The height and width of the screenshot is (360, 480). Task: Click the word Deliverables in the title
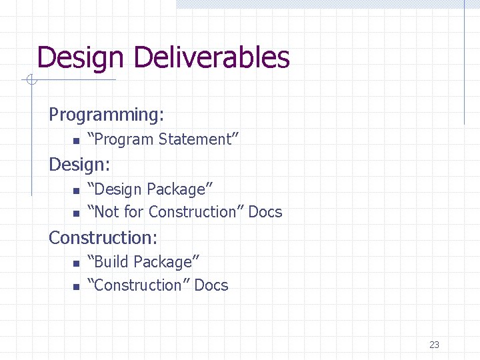(211, 58)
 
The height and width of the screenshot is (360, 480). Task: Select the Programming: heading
(107, 115)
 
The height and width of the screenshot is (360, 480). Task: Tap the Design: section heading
(79, 164)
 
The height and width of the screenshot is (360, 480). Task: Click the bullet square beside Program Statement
(75, 141)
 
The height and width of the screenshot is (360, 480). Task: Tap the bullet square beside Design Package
(75, 191)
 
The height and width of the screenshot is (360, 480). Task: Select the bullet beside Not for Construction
(75, 213)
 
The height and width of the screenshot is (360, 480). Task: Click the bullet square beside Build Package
(75, 263)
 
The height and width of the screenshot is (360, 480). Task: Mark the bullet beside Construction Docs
(75, 287)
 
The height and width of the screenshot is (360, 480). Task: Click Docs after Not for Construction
(265, 212)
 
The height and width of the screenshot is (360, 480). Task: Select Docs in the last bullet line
(211, 285)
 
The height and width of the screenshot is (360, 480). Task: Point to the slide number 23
(434, 345)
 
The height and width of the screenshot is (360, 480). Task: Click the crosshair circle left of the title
(30, 81)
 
